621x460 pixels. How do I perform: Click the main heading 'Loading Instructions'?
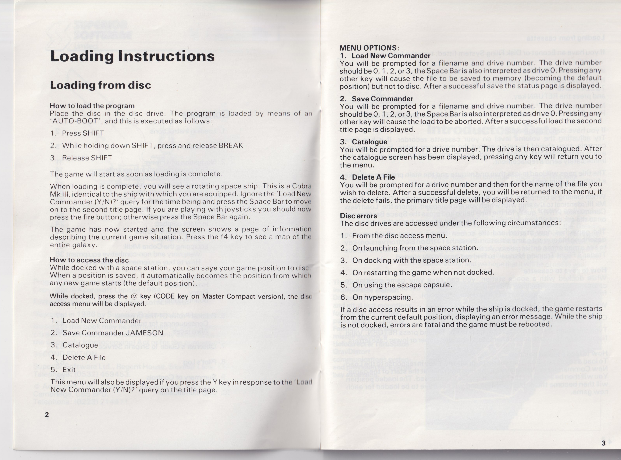pyautogui.click(x=132, y=56)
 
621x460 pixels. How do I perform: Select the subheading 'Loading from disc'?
pyautogui.click(x=100, y=85)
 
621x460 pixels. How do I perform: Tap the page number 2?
pyautogui.click(x=47, y=415)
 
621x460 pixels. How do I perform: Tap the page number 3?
pyautogui.click(x=603, y=443)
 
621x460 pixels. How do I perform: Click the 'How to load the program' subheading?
pyautogui.click(x=92, y=106)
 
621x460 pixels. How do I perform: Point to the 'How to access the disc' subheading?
pyautogui.click(x=89, y=260)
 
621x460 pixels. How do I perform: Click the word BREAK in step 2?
pyautogui.click(x=231, y=146)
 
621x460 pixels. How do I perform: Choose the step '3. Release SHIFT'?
pyautogui.click(x=81, y=158)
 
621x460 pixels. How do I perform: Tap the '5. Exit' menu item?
pyautogui.click(x=64, y=370)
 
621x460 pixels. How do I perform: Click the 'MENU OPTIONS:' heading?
pyautogui.click(x=369, y=48)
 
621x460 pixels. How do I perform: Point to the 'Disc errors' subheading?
pyautogui.click(x=358, y=216)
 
